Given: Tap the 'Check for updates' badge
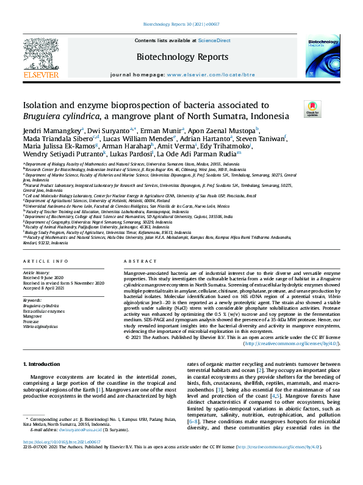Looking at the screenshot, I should pyautogui.click(x=312, y=109).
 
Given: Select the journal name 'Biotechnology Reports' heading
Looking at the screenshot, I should pyautogui.click(x=182, y=57).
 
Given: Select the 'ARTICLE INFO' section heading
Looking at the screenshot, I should pyautogui.click(x=46, y=261).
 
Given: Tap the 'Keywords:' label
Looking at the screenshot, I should pyautogui.click(x=32, y=301).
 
